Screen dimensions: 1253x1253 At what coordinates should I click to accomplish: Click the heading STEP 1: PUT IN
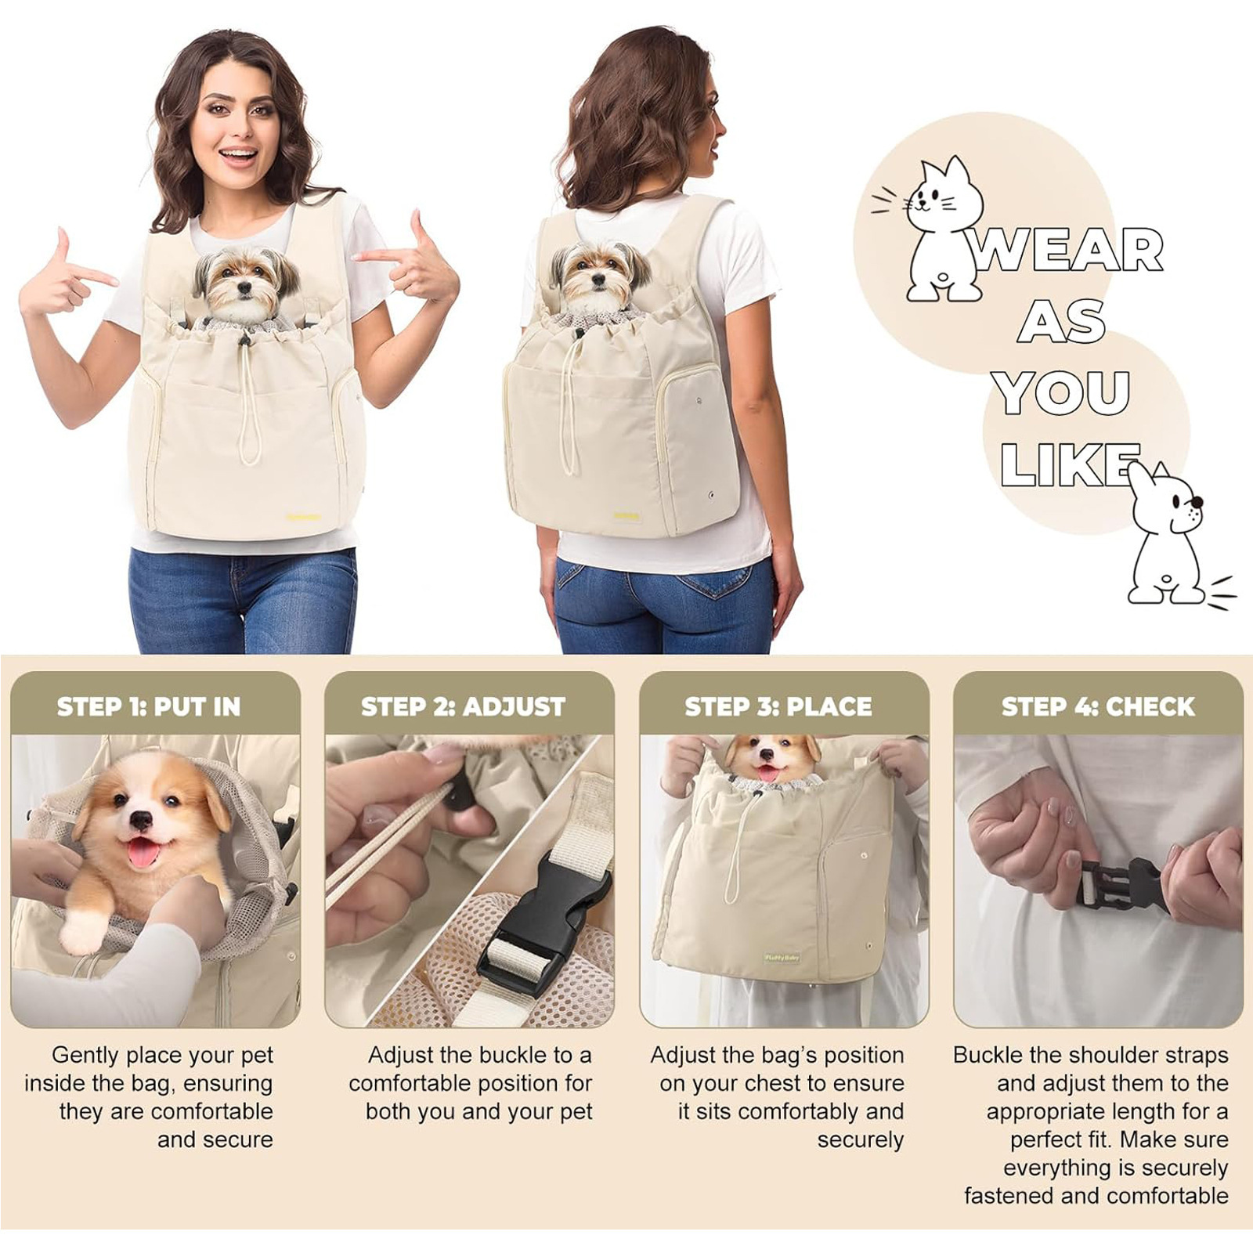pos(149,706)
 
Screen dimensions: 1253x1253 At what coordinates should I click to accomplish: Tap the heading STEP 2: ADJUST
pos(463,706)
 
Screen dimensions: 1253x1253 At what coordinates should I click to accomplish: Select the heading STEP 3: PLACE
pos(778,706)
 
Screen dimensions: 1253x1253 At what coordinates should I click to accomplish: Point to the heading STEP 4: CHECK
pos(1098,706)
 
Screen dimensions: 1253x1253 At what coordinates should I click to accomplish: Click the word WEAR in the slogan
pos(1067,251)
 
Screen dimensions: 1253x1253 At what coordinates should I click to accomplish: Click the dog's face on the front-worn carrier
pos(246,281)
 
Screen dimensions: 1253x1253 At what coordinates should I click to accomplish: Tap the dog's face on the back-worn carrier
pos(599,274)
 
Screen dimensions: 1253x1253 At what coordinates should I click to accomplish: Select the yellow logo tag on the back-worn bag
pos(626,516)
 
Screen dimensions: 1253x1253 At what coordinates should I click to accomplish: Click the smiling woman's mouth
pos(238,155)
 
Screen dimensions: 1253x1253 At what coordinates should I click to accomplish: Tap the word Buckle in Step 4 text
pos(988,1055)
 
